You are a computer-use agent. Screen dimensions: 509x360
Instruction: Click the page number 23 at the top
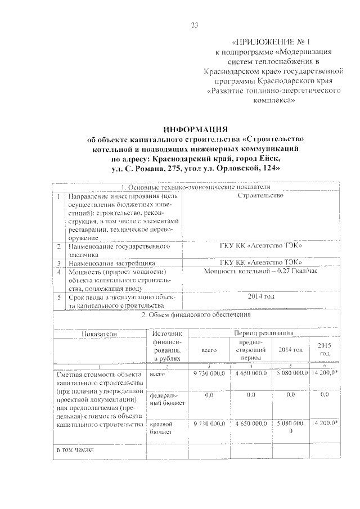coord(195,24)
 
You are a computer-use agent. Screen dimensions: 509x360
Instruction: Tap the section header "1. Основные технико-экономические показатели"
coord(195,187)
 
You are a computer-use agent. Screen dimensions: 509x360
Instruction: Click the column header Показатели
coord(99,334)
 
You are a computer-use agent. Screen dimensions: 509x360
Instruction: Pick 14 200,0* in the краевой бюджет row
coord(325,422)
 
